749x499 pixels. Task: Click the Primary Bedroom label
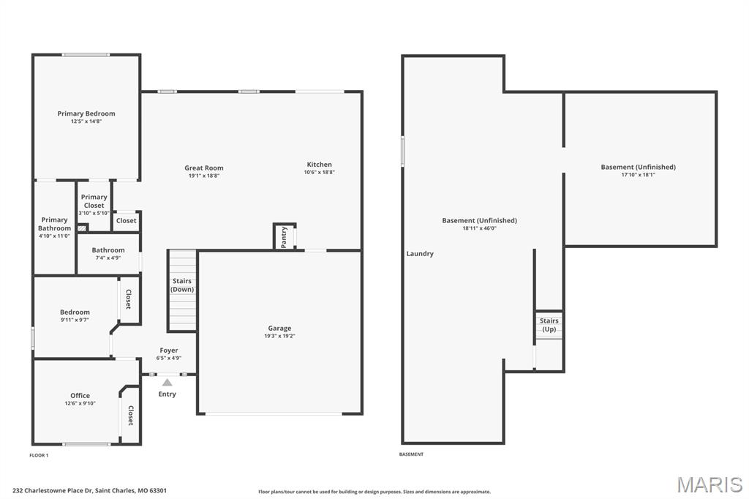coord(86,113)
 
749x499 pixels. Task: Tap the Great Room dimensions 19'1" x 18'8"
coord(204,176)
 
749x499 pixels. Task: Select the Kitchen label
coord(319,165)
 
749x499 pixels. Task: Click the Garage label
coord(279,329)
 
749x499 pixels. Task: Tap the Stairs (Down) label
coord(182,285)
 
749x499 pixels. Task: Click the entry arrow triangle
coord(167,382)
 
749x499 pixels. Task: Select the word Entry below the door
coord(167,394)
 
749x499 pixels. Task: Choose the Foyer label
coord(169,350)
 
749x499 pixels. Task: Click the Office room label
coord(80,396)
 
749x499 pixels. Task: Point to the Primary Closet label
coord(94,201)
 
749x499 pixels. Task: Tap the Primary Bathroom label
coord(55,224)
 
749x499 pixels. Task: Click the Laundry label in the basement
coord(420,254)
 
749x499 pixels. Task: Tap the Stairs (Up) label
coord(549,325)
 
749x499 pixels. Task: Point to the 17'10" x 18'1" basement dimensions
coord(638,175)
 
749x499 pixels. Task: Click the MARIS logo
coord(710,484)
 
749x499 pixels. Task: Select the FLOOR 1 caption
coord(39,455)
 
